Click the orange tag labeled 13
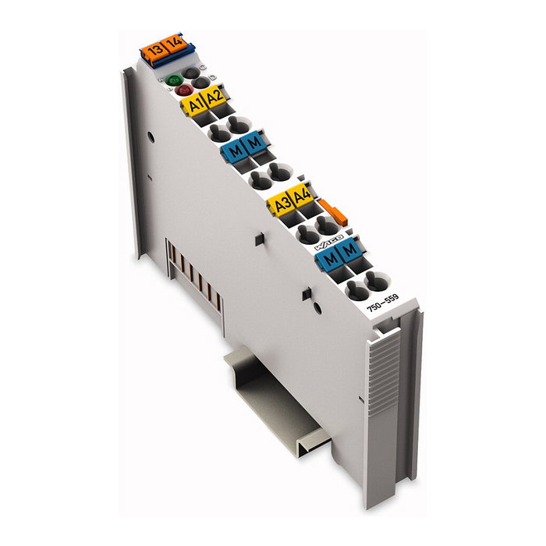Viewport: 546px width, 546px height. pos(155,51)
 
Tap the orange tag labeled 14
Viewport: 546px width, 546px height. pos(175,42)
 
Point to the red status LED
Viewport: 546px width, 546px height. pos(184,90)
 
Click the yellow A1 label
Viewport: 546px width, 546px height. pos(195,104)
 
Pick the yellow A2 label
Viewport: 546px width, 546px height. pos(214,95)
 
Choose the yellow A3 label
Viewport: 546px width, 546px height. pos(282,204)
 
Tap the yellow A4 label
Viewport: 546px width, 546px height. pos(302,195)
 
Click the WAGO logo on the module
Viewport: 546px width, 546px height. pos(328,242)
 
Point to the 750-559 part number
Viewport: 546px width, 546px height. pos(383,303)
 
